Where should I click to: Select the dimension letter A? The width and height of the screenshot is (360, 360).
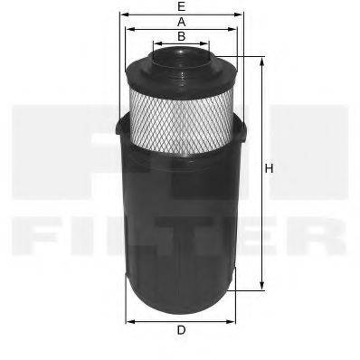pos(182,20)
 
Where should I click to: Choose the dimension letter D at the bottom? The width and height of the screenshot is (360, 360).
pos(182,330)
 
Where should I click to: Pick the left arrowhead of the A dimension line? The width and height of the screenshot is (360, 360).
pos(128,28)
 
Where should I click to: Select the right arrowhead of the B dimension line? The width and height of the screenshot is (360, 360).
pos(207,43)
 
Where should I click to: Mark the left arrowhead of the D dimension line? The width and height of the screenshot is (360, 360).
pos(128,320)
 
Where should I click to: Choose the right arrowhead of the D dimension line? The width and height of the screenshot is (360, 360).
pos(234,320)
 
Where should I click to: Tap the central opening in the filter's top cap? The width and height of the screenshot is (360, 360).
pos(181,57)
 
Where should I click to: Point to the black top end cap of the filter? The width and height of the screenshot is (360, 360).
pos(181,69)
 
